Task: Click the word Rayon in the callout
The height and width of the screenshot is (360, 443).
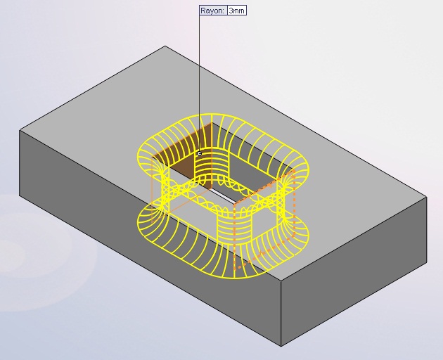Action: point(212,11)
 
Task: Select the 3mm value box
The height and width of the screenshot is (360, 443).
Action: point(237,11)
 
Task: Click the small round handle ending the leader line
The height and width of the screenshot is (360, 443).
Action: point(200,153)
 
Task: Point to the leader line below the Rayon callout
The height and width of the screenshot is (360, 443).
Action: point(200,83)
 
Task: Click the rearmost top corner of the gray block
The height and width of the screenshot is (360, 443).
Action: point(165,46)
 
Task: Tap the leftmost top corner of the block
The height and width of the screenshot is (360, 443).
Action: point(20,131)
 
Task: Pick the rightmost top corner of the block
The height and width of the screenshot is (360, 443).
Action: point(427,197)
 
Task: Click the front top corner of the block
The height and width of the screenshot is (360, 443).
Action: point(281,281)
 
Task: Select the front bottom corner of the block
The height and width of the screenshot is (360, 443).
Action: point(281,347)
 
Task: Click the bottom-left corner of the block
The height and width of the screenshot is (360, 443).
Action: point(20,195)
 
